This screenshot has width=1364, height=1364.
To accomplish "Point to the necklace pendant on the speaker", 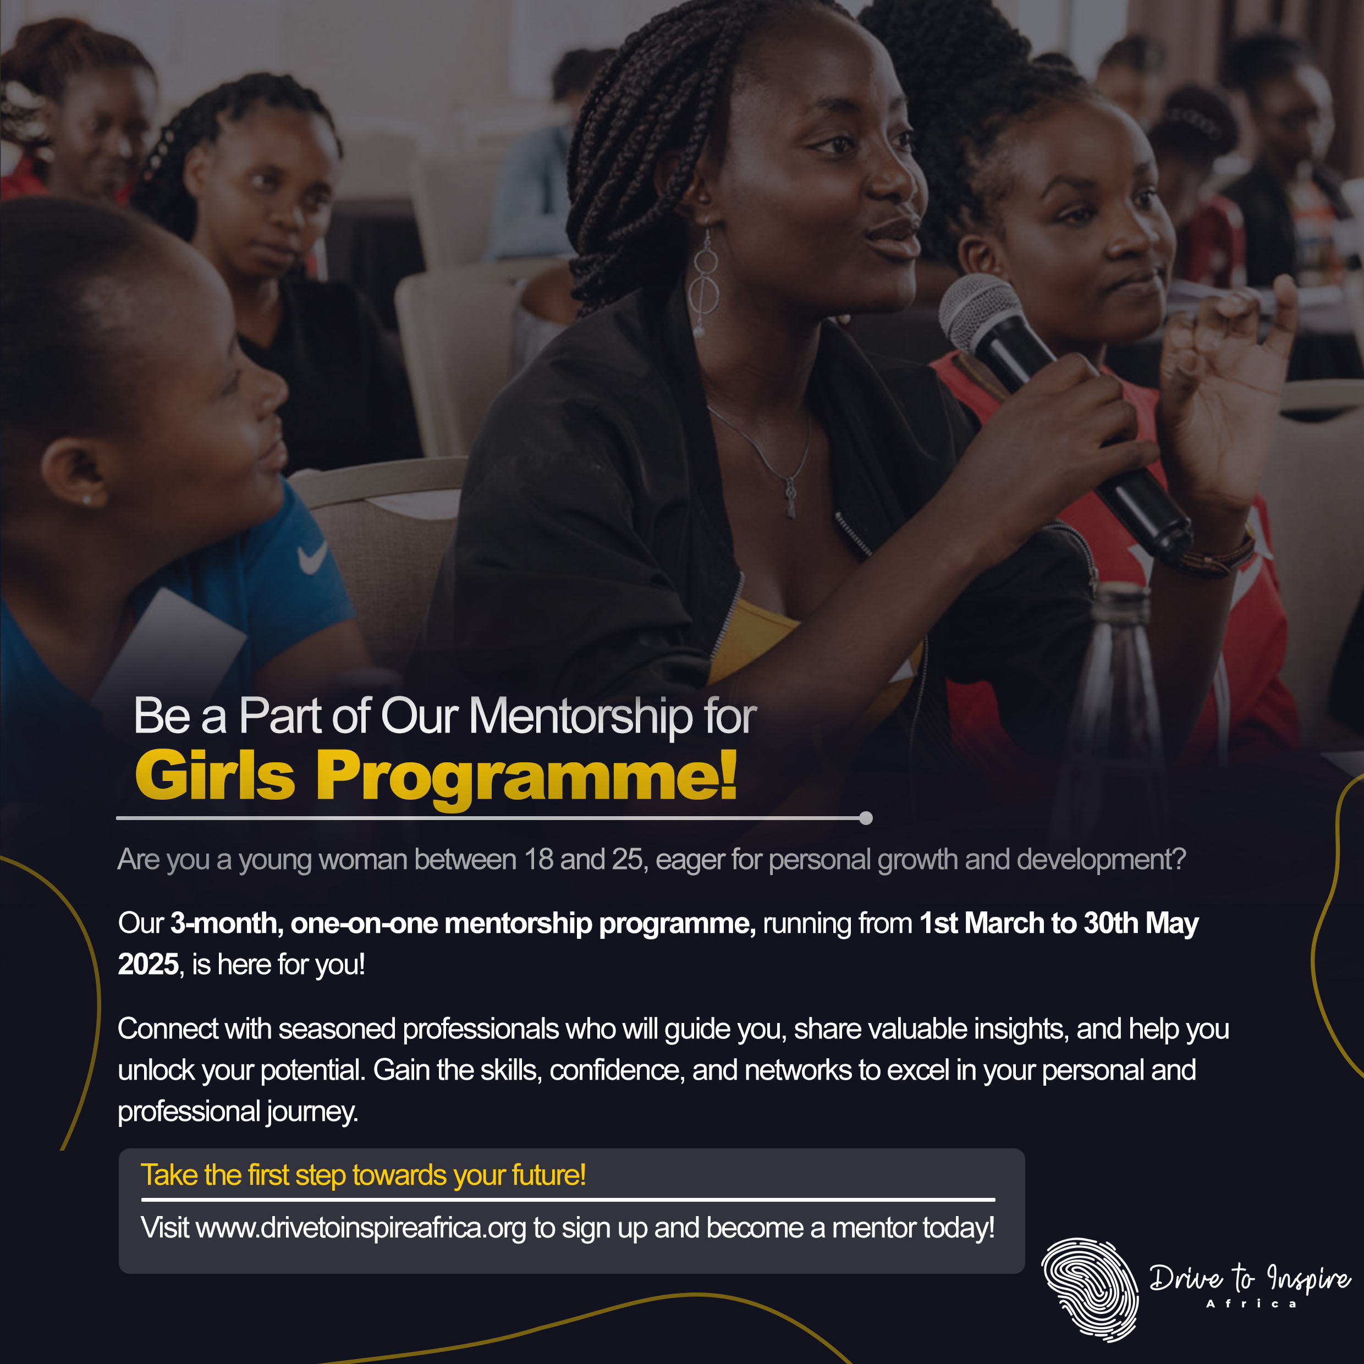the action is tap(791, 497).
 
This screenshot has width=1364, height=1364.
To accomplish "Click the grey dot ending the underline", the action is tap(866, 818).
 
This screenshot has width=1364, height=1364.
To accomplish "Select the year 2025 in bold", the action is tap(147, 964).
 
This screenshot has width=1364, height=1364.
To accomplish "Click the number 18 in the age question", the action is tap(538, 860).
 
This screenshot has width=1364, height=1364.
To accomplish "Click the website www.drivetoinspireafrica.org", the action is tap(361, 1229).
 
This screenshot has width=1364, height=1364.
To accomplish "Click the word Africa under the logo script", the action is tap(1251, 1304).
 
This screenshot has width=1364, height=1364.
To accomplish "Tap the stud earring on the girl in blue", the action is tap(87, 501).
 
